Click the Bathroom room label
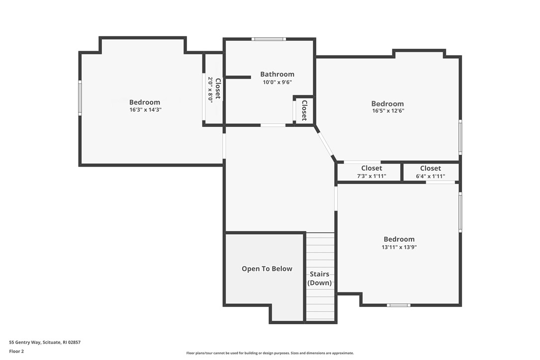coord(277,75)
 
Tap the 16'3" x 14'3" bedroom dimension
coord(145,110)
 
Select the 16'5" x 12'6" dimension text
coord(387,111)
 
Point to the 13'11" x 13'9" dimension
coord(399,247)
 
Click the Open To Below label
coord(267,269)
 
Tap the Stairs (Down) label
coord(319,278)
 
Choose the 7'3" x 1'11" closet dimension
coord(371,176)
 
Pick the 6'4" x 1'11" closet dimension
coord(430,176)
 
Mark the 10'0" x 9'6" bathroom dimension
coord(277,83)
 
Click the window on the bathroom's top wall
coord(269,39)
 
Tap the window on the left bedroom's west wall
coord(80,98)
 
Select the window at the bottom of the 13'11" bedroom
coord(399,305)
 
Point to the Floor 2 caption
coord(16,351)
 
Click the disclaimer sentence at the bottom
coord(270,353)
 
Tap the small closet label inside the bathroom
coord(304,110)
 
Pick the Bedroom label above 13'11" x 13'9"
coord(399,239)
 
